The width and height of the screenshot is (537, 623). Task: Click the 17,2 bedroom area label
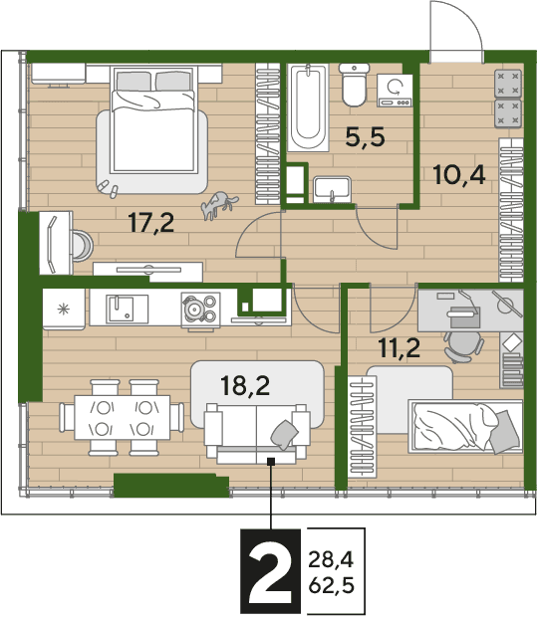151,223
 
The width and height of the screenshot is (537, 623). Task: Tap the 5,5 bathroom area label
366,137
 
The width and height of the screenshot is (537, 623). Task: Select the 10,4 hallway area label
459,175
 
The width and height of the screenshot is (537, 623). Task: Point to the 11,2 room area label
400,348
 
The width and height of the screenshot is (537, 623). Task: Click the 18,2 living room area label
245,385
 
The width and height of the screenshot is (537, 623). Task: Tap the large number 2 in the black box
270,571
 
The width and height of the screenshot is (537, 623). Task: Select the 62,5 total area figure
331,585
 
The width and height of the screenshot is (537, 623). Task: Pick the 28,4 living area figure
331,560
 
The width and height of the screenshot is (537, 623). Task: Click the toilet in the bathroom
354,85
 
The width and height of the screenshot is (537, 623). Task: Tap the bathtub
308,107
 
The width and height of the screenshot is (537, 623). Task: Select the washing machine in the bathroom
395,91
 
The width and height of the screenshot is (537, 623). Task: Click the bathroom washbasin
332,189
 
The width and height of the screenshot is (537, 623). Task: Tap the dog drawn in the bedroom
219,204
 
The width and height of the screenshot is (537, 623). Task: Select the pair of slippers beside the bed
109,189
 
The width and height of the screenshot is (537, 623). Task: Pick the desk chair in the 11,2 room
464,345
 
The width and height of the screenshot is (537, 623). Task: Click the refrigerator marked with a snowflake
64,309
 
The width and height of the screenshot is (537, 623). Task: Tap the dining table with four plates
123,417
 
